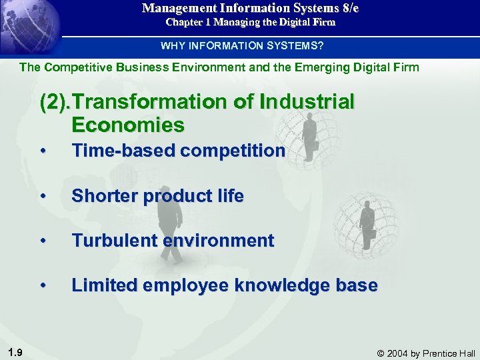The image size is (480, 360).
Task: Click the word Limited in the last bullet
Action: [x=104, y=285]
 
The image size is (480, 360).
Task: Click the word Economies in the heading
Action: [x=127, y=125]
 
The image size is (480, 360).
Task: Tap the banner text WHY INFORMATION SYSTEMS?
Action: [x=241, y=45]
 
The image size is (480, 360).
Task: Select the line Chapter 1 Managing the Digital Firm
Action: [x=250, y=22]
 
